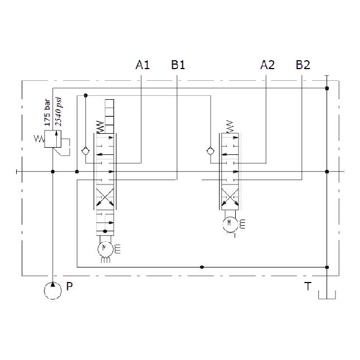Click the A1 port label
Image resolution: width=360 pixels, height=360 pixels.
pos(143,65)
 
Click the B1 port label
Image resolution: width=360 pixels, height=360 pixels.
pos(178,65)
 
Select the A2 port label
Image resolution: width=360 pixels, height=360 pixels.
pos(267,65)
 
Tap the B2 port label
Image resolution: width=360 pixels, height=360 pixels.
pos(303,65)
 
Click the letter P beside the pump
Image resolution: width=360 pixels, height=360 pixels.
pos(69,286)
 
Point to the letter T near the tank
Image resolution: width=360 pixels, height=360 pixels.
pos(308,286)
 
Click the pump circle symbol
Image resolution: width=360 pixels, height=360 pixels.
pos(53,291)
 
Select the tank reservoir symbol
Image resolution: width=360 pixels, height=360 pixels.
pos(327,295)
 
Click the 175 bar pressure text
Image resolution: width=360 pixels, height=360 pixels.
pos(47,113)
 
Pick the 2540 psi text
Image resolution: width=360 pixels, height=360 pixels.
pos(59,111)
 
